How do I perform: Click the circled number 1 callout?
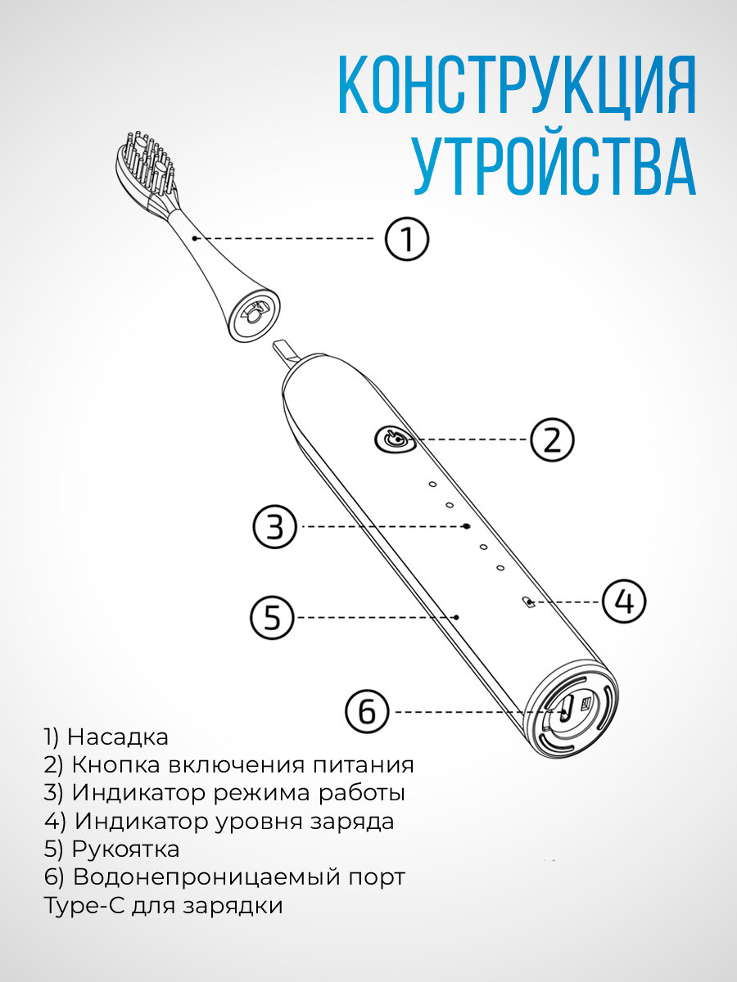407,239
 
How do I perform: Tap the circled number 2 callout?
553,439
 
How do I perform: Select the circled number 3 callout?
275,527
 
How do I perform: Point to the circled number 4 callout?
624,602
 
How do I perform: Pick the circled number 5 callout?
272,616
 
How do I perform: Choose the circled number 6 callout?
367,712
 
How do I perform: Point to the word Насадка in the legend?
118,736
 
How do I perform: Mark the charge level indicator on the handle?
528,603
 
